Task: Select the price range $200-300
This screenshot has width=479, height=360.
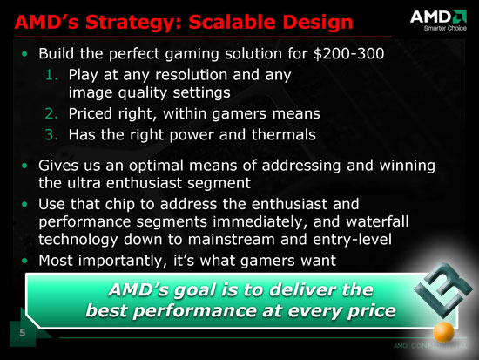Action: pyautogui.click(x=349, y=53)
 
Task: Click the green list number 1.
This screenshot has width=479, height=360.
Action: pyautogui.click(x=51, y=75)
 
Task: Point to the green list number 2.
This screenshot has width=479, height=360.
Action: pyautogui.click(x=51, y=113)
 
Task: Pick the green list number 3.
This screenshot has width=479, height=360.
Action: pyautogui.click(x=51, y=134)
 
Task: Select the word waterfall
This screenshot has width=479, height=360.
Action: pyautogui.click(x=377, y=221)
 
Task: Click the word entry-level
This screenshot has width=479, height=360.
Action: pyautogui.click(x=352, y=239)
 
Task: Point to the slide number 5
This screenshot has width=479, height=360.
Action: pyautogui.click(x=23, y=333)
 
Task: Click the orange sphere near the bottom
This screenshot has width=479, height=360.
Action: pyautogui.click(x=444, y=332)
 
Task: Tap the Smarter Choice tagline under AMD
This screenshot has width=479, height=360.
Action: pyautogui.click(x=445, y=28)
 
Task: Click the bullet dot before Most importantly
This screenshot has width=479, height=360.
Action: pyautogui.click(x=24, y=261)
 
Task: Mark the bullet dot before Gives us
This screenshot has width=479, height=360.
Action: pyautogui.click(x=24, y=166)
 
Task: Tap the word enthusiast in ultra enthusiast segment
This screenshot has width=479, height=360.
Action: pyautogui.click(x=144, y=183)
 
